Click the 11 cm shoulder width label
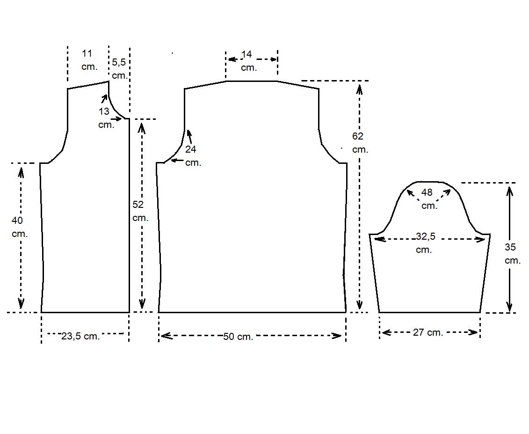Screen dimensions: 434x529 point(89,60)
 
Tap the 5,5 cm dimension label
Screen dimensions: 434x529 point(119,68)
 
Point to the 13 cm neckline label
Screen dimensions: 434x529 point(105,118)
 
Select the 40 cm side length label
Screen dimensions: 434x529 point(19,227)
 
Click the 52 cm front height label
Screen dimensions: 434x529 point(140,211)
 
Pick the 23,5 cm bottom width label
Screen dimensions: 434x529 point(80,336)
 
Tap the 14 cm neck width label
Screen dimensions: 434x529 point(248,61)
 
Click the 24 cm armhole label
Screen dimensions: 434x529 point(192,156)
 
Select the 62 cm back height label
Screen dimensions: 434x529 point(360,143)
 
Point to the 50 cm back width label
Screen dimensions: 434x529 point(238,336)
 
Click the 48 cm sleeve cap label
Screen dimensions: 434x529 point(428,199)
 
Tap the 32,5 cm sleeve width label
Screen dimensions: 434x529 point(425,243)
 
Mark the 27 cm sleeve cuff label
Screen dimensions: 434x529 point(428,332)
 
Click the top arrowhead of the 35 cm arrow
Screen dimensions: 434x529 point(509,190)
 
